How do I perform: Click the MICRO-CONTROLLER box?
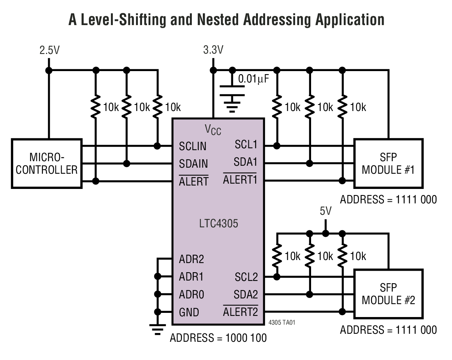46,163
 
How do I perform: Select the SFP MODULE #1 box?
388,163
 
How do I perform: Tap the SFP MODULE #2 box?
388,294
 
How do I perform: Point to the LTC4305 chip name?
218,224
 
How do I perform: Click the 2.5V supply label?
49,51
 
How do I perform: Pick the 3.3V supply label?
213,51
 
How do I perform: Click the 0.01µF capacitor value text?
253,79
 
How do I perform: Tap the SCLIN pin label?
193,146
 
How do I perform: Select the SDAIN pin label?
193,164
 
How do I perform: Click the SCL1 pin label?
246,144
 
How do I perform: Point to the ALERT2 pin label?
240,312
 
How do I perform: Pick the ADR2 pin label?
191,259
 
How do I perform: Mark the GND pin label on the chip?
189,312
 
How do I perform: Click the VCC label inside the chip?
213,130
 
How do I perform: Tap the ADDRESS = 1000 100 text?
218,338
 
